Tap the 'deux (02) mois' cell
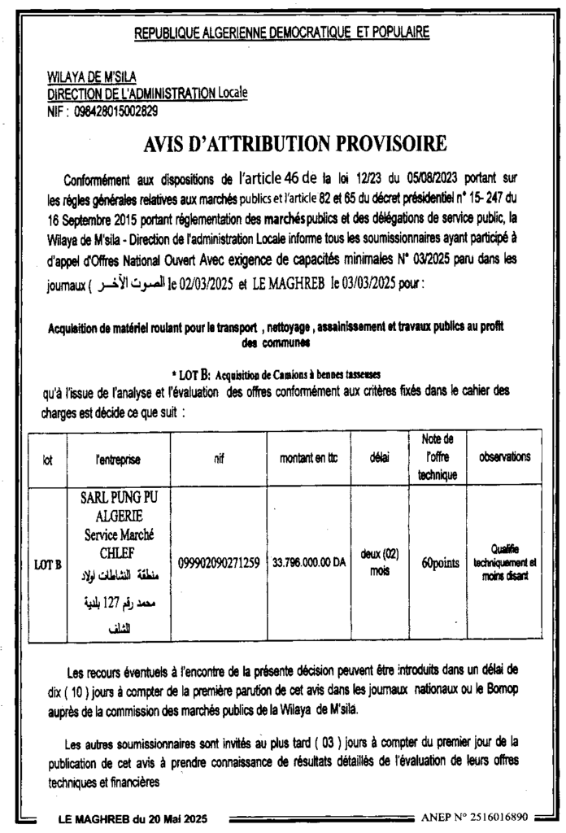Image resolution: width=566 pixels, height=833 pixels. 378,560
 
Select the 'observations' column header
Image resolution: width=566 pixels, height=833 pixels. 505,457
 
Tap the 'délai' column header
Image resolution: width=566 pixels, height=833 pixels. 378,459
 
